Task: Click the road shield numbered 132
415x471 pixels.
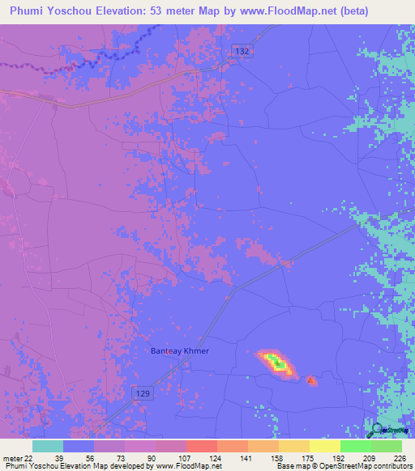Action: (242, 51)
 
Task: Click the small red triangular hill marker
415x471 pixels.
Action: (312, 379)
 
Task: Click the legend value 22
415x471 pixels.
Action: (30, 459)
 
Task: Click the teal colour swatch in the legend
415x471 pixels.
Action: (48, 446)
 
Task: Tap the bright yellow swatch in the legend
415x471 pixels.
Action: (324, 446)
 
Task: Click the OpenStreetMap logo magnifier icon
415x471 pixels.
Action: (376, 429)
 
